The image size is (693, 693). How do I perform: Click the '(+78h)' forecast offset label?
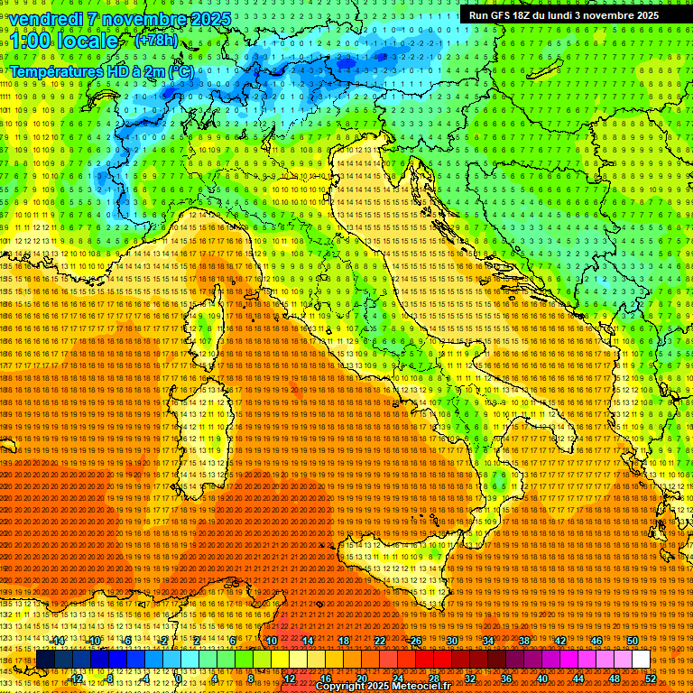pos(156,41)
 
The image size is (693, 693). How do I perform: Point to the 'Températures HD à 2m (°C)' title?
pos(101,70)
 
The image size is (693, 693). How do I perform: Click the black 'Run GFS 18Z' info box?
pos(563,14)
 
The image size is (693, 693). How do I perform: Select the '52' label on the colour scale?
pos(651,678)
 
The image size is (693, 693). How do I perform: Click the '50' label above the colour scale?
pos(633,641)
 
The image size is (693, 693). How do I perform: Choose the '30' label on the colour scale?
pos(452,641)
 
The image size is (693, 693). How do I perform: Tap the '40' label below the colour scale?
pos(542,678)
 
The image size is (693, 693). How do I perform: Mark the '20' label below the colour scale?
pos(362,678)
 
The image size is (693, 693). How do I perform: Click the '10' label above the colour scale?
pos(272,641)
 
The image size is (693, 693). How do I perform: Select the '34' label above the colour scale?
pos(488,641)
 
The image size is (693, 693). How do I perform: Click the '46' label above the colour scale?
pos(596,641)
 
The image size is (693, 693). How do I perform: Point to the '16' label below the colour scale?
pos(326,678)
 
